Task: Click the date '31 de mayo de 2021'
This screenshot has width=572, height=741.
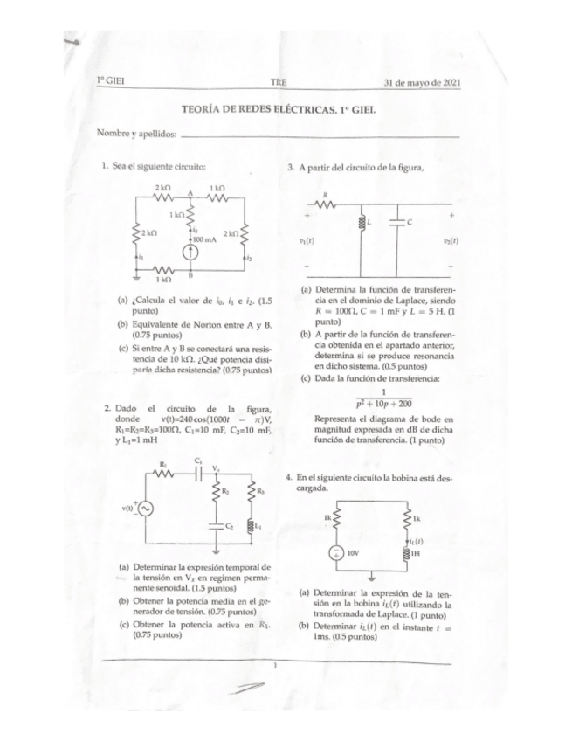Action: pos(423,82)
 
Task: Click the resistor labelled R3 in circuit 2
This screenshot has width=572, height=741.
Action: pos(252,493)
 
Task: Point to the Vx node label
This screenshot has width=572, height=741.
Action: pos(215,467)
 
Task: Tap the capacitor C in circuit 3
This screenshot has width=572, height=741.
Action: pos(398,222)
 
